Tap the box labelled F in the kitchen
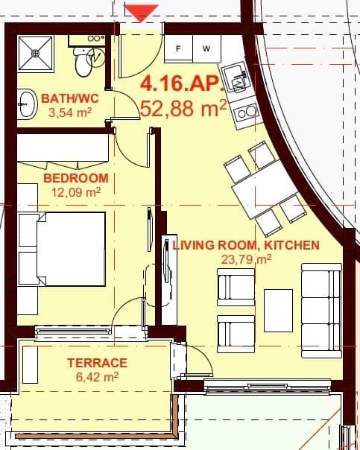(179, 48)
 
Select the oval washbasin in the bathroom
(26, 105)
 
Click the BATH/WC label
(66, 98)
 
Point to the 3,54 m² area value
(69, 113)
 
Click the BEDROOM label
(76, 178)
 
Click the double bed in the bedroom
(63, 250)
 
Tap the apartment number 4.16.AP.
(182, 83)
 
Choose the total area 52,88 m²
(183, 109)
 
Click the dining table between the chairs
(258, 191)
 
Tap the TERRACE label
(98, 363)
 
